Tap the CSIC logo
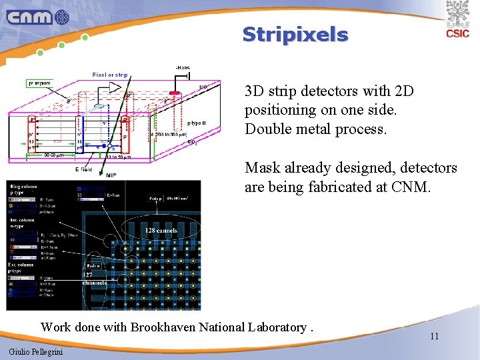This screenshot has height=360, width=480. click(457, 21)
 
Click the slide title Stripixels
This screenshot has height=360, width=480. click(295, 35)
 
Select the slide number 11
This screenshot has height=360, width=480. click(434, 336)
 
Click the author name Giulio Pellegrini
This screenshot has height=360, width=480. click(36, 351)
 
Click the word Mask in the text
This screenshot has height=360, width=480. click(260, 168)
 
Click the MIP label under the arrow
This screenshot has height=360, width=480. click(111, 174)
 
